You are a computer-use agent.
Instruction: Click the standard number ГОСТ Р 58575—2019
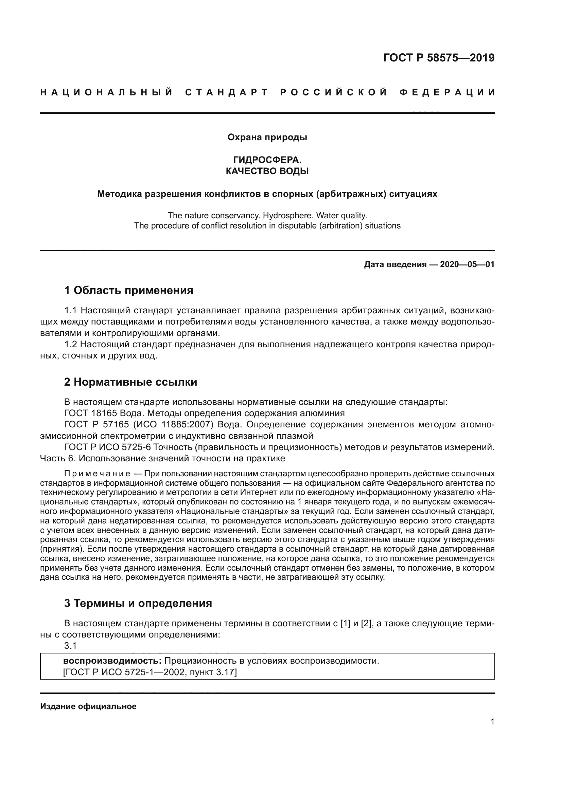pyautogui.click(x=438, y=58)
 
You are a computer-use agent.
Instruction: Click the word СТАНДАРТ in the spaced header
pyautogui.click(x=227, y=93)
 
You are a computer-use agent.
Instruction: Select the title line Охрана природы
pyautogui.click(x=267, y=137)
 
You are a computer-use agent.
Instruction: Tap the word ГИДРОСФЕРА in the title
pyautogui.click(x=266, y=160)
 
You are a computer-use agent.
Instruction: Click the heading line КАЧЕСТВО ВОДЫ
pyautogui.click(x=267, y=171)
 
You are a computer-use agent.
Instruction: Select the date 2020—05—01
pyautogui.click(x=467, y=265)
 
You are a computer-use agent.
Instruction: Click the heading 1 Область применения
pyautogui.click(x=129, y=290)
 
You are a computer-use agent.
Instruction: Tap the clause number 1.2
pyautogui.click(x=71, y=345)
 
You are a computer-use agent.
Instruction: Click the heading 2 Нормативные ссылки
pyautogui.click(x=131, y=382)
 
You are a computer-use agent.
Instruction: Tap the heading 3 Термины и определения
pyautogui.click(x=138, y=604)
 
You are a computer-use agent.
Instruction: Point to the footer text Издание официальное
pyautogui.click(x=88, y=706)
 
